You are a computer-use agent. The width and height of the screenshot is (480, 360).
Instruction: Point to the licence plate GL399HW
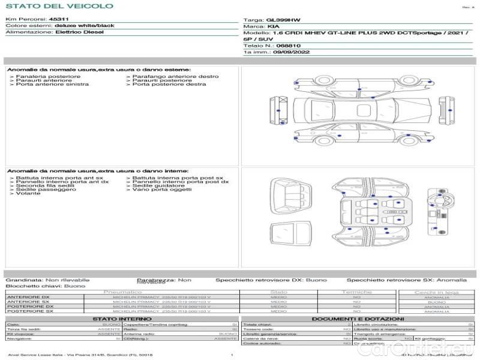[280, 20]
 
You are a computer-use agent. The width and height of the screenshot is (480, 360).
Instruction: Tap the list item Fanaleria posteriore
[48, 77]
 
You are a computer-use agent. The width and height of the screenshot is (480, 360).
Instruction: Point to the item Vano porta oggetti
[160, 190]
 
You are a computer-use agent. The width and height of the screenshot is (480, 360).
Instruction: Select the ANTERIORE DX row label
[28, 297]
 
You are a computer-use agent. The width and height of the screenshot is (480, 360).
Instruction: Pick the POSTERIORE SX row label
[28, 311]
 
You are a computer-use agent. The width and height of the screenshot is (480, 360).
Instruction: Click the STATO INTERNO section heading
[119, 319]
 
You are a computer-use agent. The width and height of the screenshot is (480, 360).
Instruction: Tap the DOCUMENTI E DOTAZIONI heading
[358, 319]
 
